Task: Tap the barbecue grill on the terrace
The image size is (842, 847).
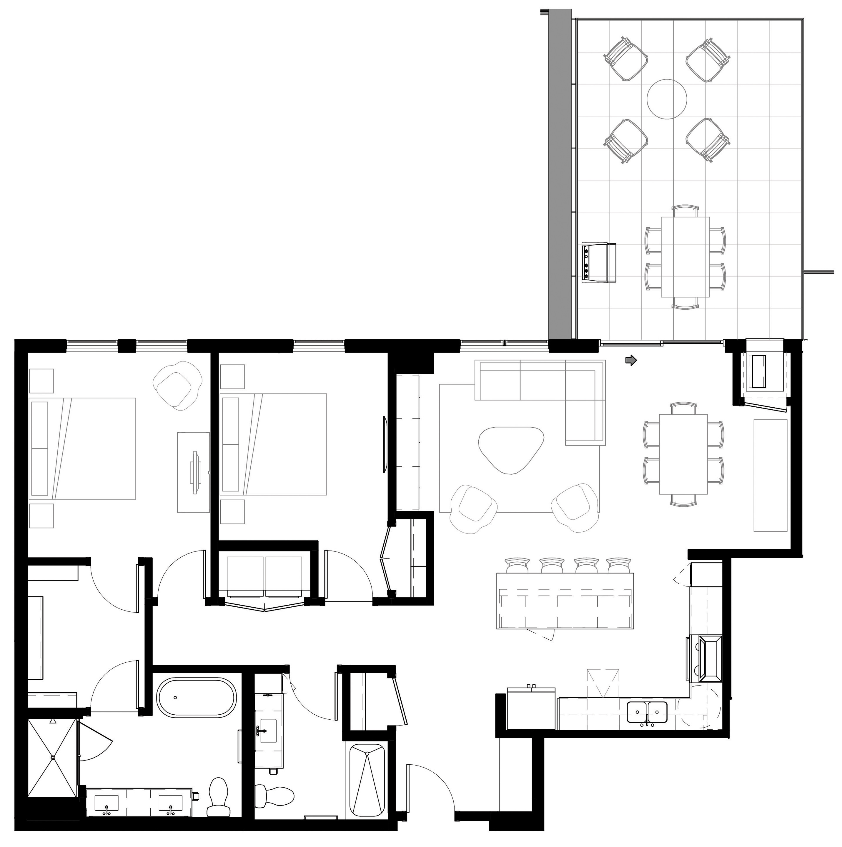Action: click(599, 263)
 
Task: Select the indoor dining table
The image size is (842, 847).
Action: click(683, 454)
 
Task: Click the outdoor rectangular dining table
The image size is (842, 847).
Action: click(685, 257)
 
